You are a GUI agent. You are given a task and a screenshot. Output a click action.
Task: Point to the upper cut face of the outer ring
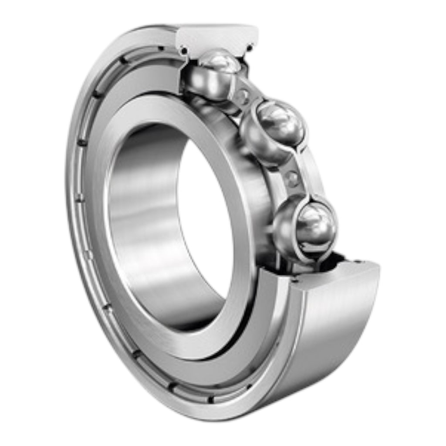[x=218, y=37]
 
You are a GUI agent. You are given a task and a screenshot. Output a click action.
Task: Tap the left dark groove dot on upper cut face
[x=184, y=51]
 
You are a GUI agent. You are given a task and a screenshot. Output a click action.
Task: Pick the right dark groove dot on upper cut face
[x=250, y=48]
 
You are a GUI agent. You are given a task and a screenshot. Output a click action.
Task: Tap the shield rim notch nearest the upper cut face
[x=161, y=48]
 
